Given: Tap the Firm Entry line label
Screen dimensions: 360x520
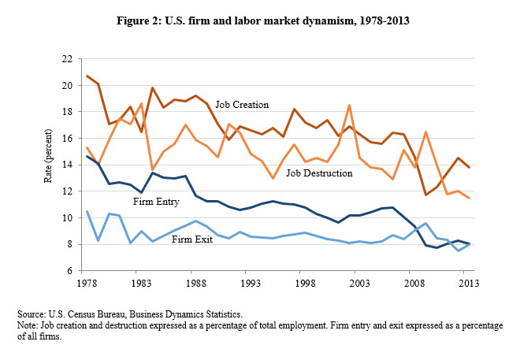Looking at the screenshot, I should (156, 202).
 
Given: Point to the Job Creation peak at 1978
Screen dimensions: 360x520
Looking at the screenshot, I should (87, 76).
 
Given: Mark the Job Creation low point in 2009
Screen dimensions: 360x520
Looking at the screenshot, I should (425, 195).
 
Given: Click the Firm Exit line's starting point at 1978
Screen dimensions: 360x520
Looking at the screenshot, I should (87, 211).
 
